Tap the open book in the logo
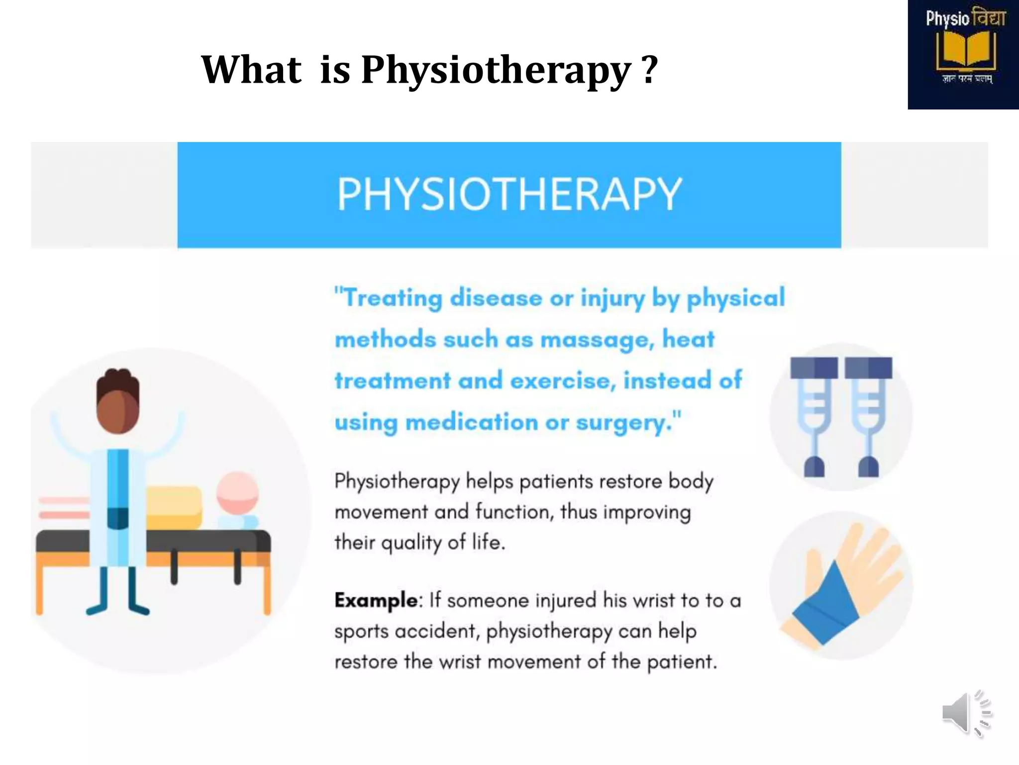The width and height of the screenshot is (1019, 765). (965, 50)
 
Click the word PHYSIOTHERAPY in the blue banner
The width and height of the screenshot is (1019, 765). (509, 194)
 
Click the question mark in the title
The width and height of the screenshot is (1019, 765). (649, 70)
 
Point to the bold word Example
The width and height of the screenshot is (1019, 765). (376, 600)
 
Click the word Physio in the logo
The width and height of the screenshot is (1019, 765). (947, 19)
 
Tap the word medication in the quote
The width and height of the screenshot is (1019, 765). (472, 423)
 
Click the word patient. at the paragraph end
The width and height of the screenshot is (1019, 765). (682, 662)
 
